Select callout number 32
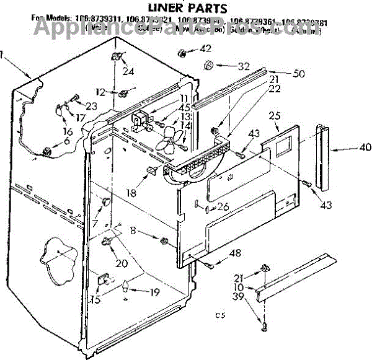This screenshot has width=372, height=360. pyautogui.click(x=244, y=65)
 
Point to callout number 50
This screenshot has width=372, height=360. pyautogui.click(x=299, y=74)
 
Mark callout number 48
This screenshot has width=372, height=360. pyautogui.click(x=235, y=252)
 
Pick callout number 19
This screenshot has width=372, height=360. pyautogui.click(x=154, y=292)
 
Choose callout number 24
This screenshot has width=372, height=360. pyautogui.click(x=128, y=71)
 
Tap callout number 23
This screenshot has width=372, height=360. pyautogui.click(x=91, y=106)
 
